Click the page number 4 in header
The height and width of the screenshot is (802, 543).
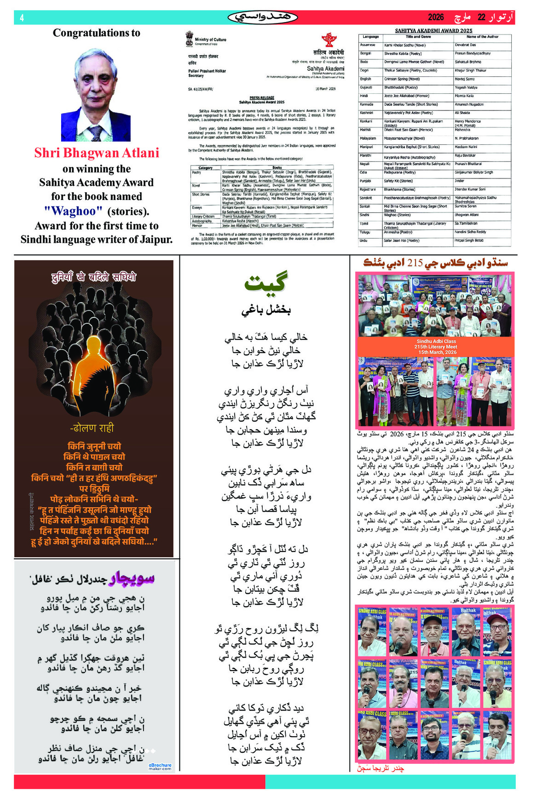(x=22, y=18)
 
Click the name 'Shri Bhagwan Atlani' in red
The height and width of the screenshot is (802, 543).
(x=97, y=153)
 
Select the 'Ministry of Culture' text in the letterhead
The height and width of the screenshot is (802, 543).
(x=210, y=40)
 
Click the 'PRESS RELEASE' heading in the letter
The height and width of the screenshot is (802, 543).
(x=262, y=97)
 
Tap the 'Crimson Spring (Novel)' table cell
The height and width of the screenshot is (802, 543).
(x=402, y=79)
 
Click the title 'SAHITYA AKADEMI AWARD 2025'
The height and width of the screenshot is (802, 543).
(x=433, y=30)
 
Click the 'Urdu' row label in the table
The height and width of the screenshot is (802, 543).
(x=364, y=241)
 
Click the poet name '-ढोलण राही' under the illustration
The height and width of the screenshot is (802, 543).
(x=92, y=428)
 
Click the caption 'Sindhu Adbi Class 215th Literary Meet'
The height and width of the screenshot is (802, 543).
(x=436, y=344)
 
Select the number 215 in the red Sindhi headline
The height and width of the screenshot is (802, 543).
(x=415, y=263)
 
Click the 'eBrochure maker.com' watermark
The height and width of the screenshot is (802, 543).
(x=160, y=766)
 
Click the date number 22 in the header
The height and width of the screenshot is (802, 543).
(x=481, y=17)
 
